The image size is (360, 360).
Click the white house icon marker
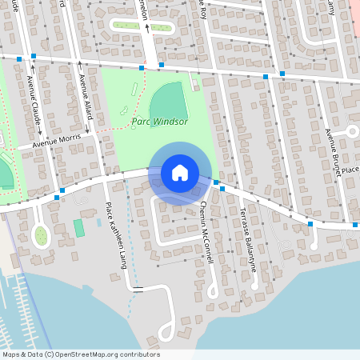click(180, 172)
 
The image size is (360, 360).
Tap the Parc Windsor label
click(159, 122)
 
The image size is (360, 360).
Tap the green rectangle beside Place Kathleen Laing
click(79, 227)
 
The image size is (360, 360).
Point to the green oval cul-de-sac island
click(41, 235)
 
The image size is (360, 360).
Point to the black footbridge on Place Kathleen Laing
click(137, 288)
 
